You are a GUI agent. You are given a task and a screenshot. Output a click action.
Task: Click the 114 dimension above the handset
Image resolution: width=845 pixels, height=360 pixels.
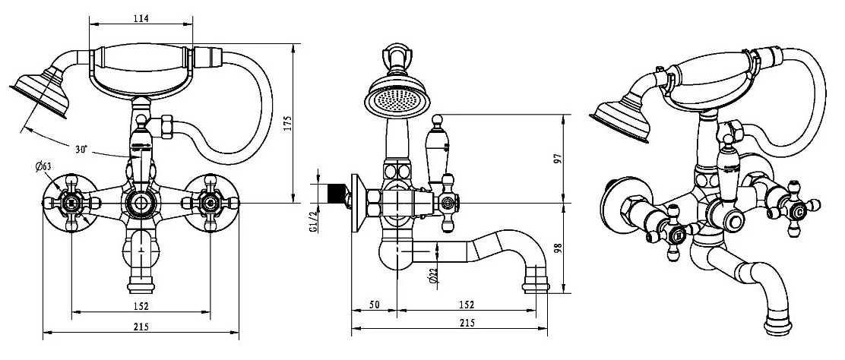141,18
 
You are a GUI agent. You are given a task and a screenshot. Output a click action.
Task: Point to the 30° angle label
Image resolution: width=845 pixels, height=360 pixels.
81,150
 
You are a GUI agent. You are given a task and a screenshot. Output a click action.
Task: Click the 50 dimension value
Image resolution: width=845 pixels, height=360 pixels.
375,305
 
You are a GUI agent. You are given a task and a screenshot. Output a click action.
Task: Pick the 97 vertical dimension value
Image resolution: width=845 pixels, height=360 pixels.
559,159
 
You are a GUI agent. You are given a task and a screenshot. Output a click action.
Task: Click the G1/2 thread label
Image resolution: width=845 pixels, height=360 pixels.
312,221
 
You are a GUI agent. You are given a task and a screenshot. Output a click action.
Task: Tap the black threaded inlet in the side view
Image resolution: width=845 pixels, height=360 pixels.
337,194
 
